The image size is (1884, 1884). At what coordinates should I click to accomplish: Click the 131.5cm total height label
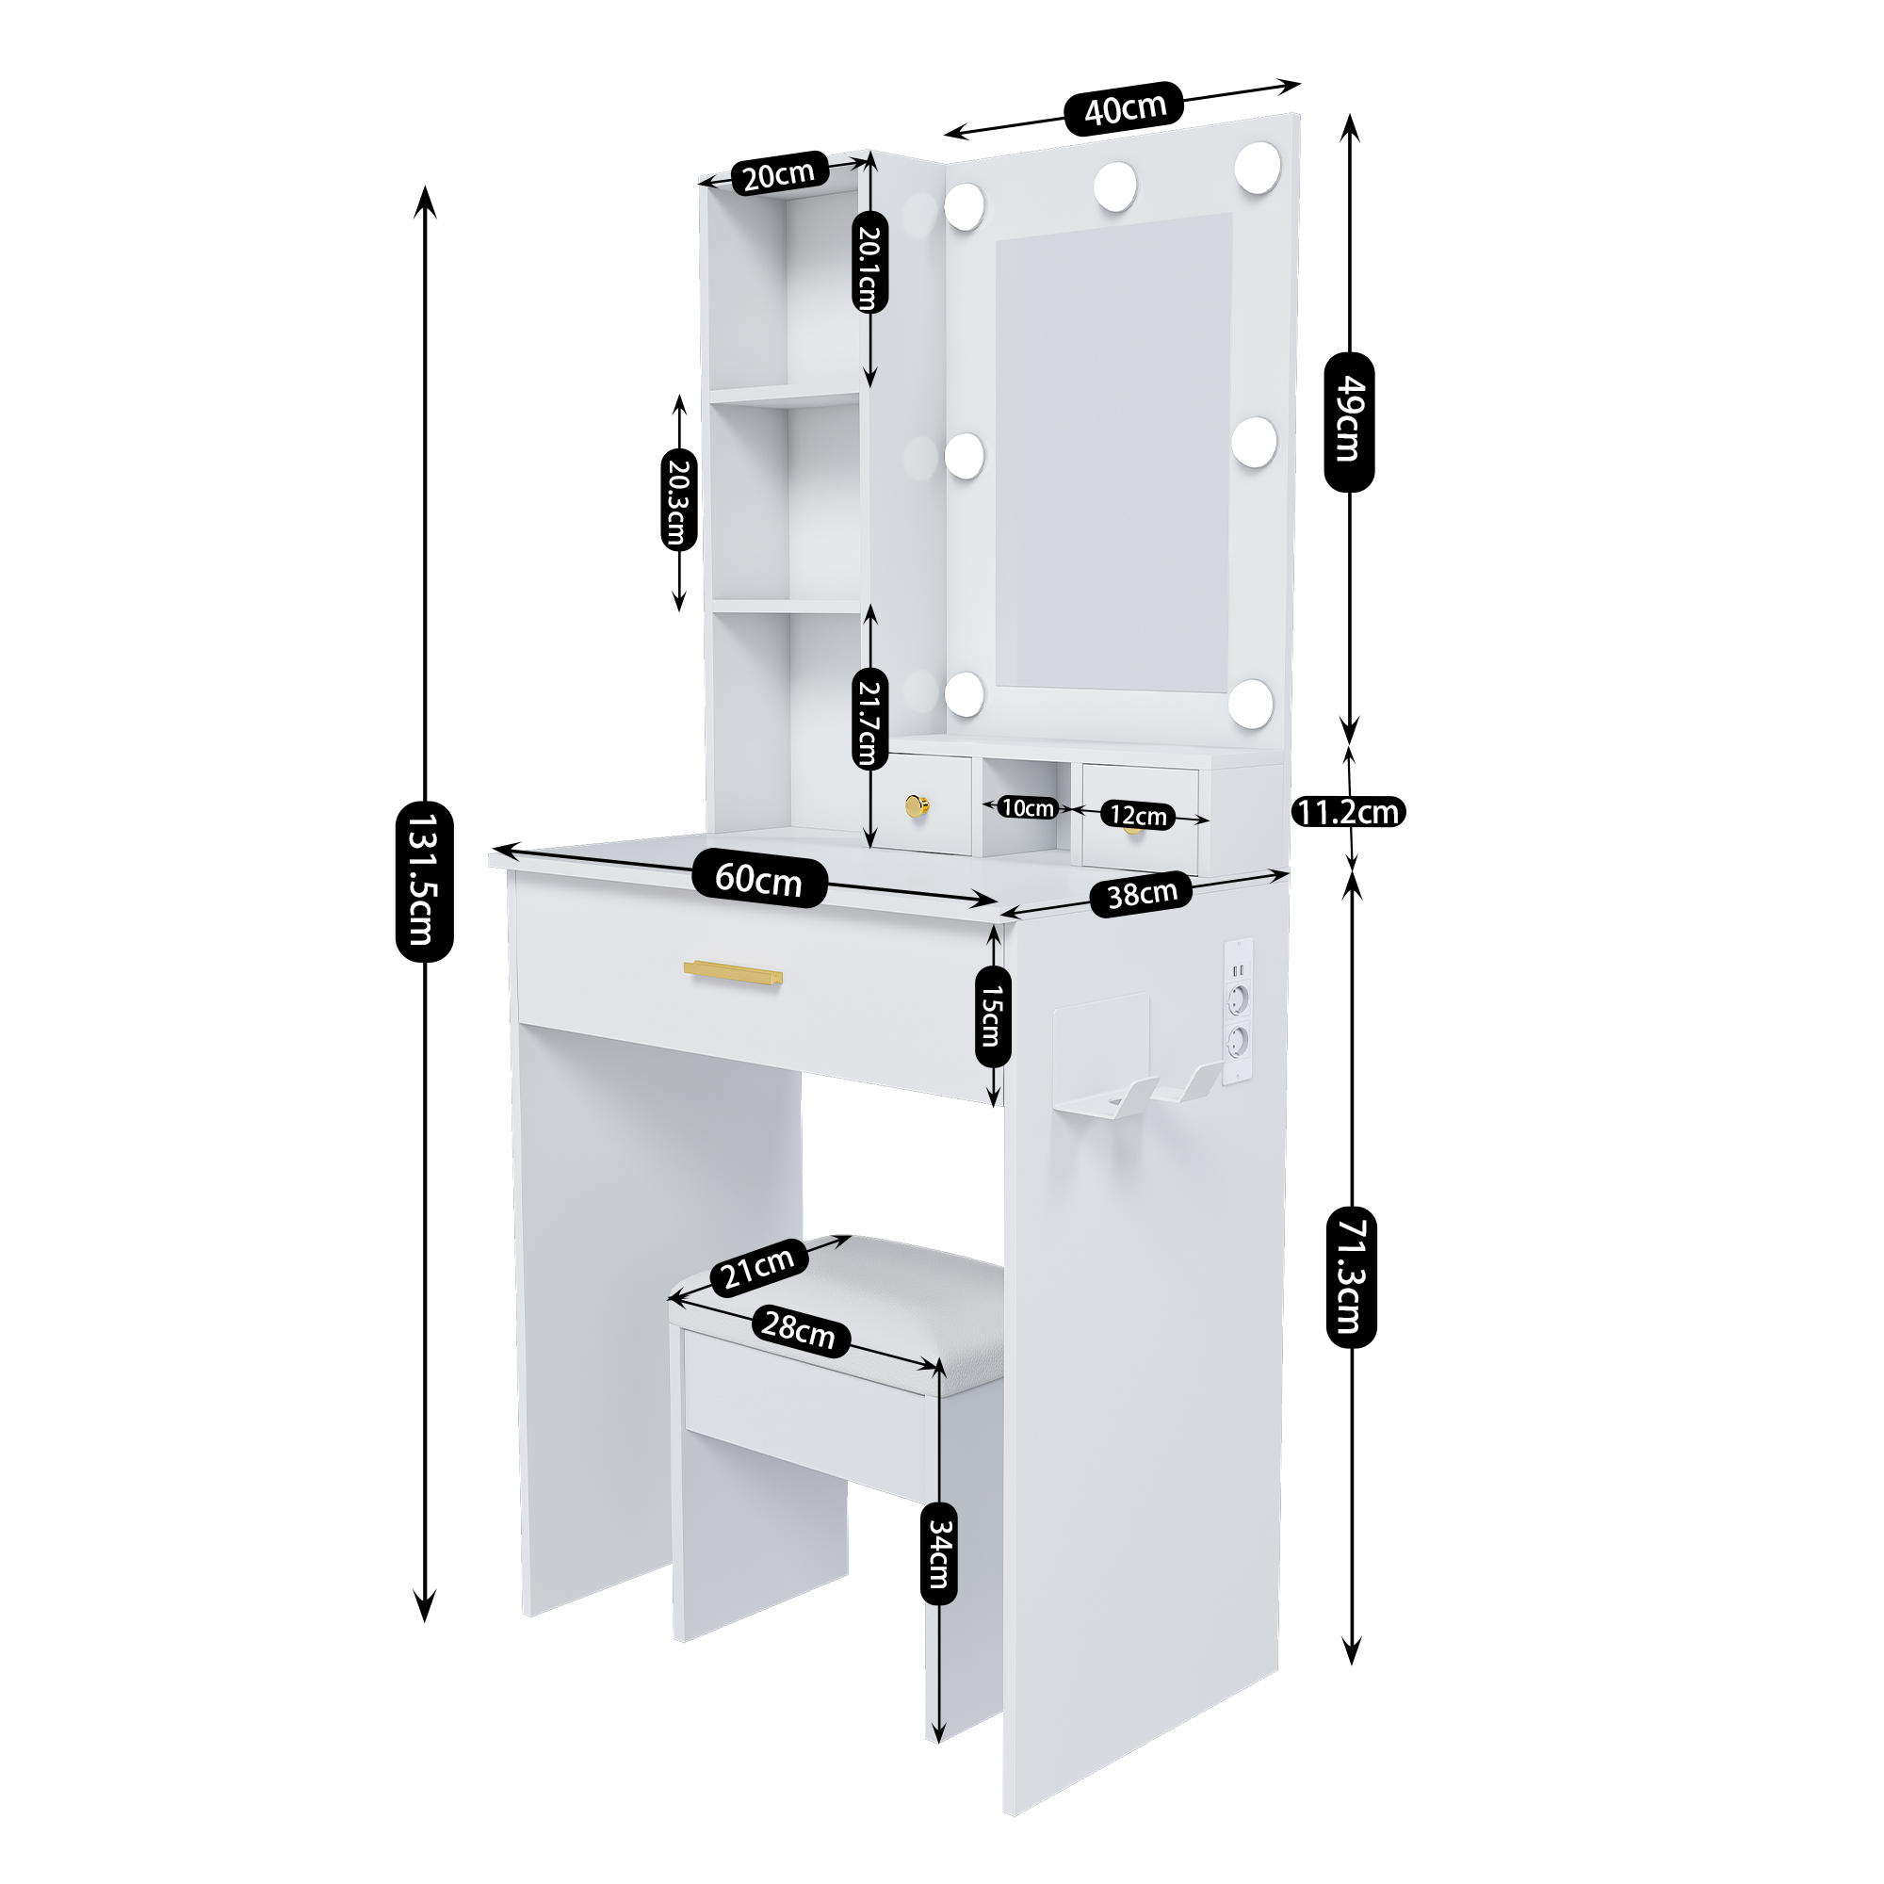pyautogui.click(x=424, y=882)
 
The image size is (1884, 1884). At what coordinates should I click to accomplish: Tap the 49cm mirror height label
pyautogui.click(x=1349, y=421)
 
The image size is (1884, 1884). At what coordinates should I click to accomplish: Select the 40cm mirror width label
pyautogui.click(x=1125, y=107)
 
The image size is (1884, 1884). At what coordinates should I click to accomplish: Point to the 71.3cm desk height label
pyautogui.click(x=1351, y=1276)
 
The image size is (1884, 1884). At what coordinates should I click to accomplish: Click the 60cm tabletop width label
pyautogui.click(x=758, y=881)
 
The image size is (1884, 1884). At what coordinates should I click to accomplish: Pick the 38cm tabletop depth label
pyautogui.click(x=1142, y=894)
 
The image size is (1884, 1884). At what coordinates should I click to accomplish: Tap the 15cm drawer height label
pyautogui.click(x=993, y=1016)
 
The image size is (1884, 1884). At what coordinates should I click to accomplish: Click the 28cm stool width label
pyautogui.click(x=799, y=1330)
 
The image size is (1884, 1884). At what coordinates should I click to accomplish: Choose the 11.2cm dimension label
pyautogui.click(x=1349, y=811)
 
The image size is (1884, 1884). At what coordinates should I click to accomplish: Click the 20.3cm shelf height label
pyautogui.click(x=678, y=498)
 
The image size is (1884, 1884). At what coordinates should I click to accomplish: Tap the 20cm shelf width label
pyautogui.click(x=778, y=174)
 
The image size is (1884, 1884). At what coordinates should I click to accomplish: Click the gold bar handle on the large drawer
pyautogui.click(x=733, y=972)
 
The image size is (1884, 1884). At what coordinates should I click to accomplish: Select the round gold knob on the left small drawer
pyautogui.click(x=918, y=806)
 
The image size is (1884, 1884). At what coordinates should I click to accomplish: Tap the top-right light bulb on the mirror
pyautogui.click(x=1257, y=167)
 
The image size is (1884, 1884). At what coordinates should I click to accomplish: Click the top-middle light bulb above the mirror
pyautogui.click(x=1114, y=186)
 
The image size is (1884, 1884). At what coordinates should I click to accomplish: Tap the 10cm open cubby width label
pyautogui.click(x=1028, y=807)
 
